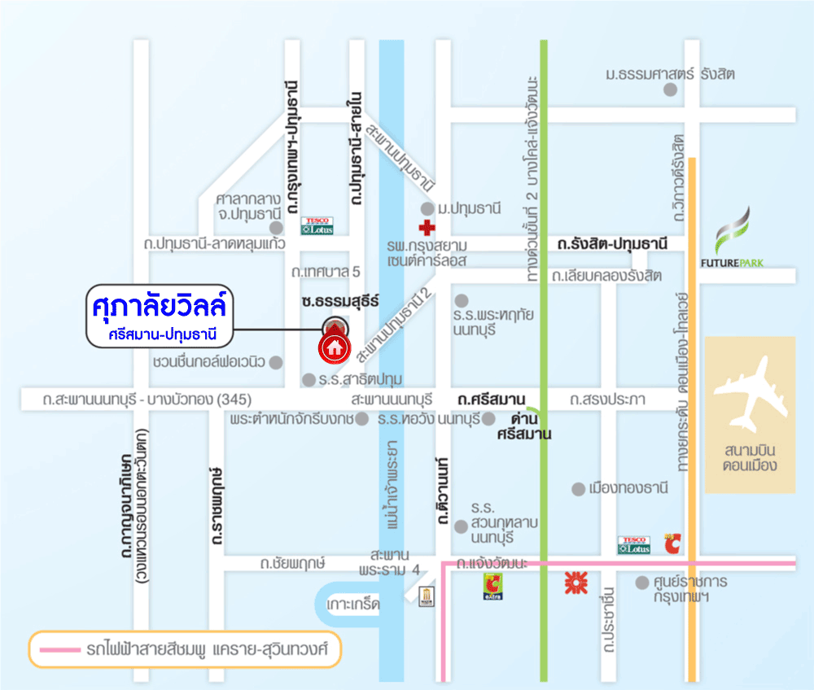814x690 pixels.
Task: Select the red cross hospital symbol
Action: click(426, 228)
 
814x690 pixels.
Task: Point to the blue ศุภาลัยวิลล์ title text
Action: click(160, 310)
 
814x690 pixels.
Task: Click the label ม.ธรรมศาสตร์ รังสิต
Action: click(670, 74)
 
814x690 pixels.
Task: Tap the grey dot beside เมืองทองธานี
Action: click(578, 489)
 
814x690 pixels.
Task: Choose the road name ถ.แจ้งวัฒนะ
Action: click(492, 563)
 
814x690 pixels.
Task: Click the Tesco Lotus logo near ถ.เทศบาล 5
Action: click(317, 225)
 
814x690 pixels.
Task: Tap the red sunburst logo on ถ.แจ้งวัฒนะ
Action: click(575, 583)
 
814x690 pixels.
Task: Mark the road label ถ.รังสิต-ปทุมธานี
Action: click(612, 243)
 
